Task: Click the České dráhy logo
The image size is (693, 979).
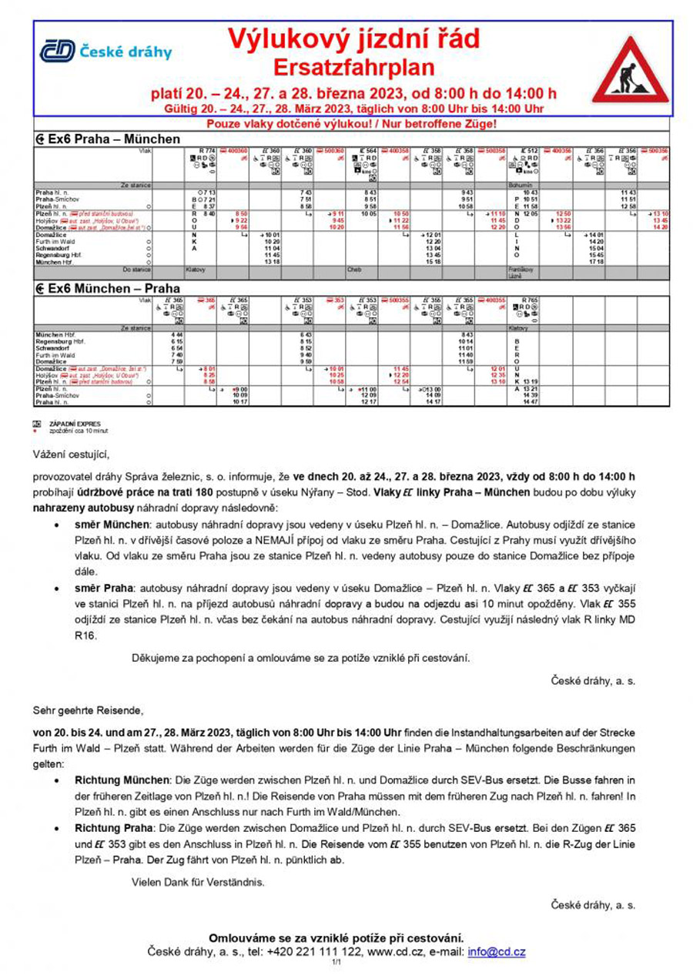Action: click(x=105, y=52)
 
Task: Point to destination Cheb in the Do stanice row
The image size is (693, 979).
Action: click(x=355, y=270)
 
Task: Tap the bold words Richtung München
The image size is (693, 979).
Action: click(x=124, y=780)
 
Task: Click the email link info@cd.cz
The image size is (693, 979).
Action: click(x=496, y=951)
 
